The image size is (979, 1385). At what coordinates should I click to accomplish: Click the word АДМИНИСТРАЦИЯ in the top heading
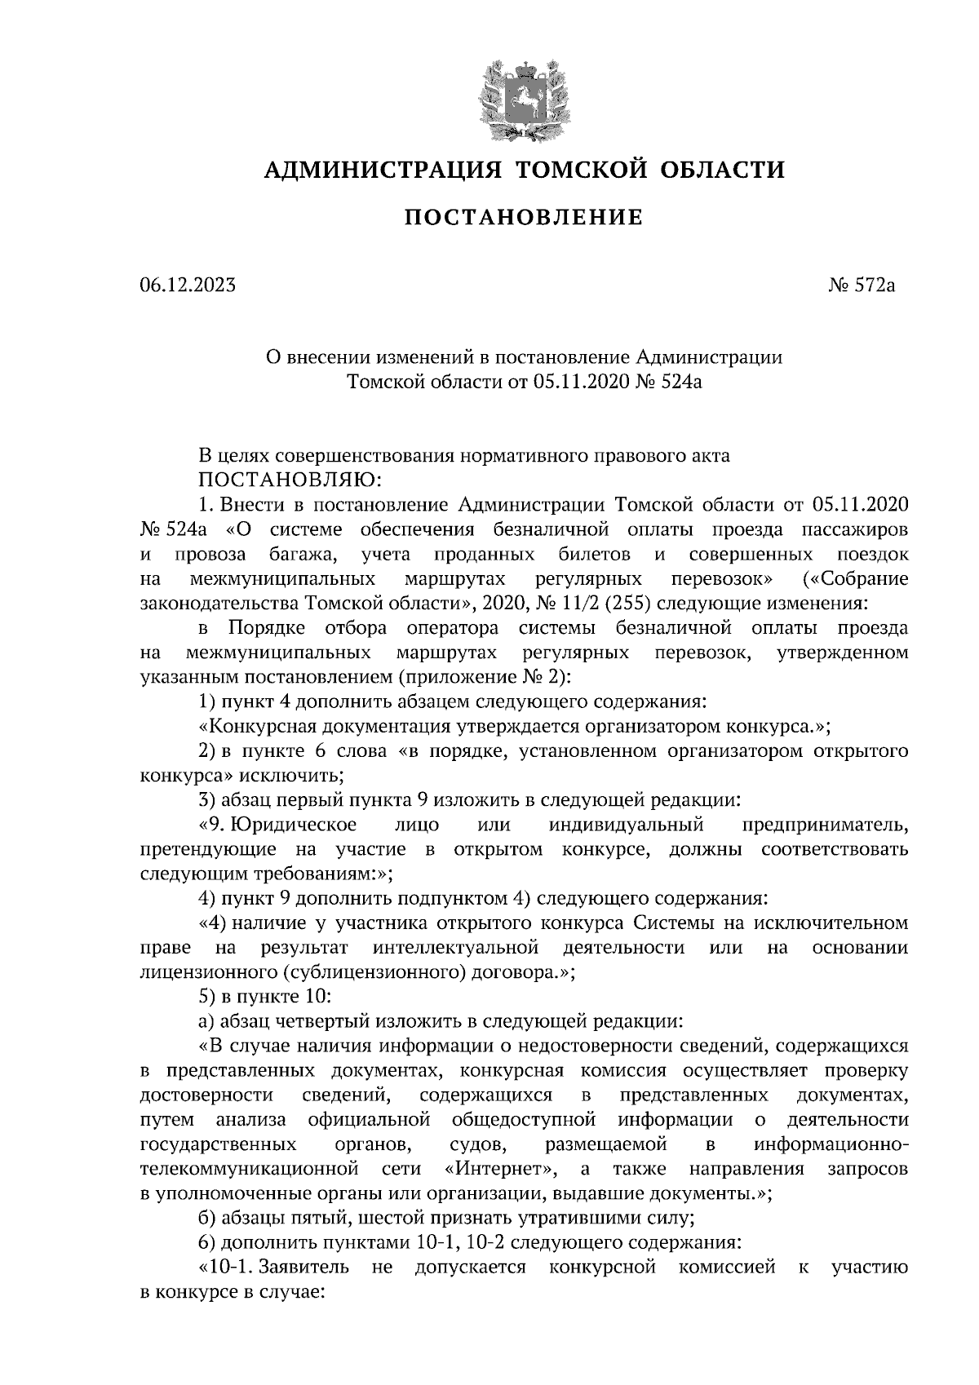[381, 170]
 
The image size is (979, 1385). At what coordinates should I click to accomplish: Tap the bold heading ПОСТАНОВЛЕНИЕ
[525, 218]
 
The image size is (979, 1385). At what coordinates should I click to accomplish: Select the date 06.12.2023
[188, 285]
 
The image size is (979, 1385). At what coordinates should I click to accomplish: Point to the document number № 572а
[861, 285]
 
